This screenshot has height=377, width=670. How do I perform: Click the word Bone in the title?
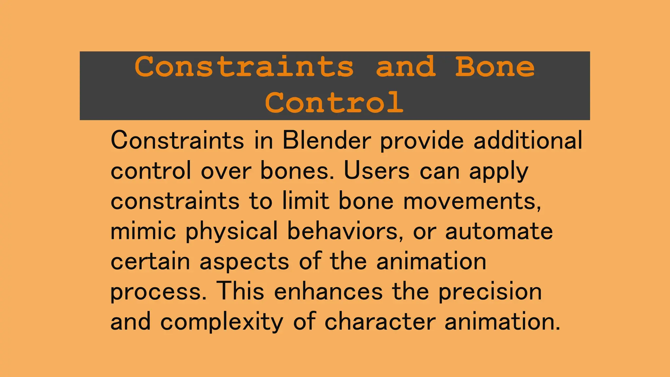click(x=495, y=67)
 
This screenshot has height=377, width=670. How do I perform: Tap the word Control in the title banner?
click(x=334, y=102)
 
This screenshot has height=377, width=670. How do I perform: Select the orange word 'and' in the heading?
click(x=406, y=67)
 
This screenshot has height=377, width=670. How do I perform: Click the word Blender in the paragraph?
click(x=326, y=140)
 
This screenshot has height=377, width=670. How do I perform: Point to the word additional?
click(x=528, y=140)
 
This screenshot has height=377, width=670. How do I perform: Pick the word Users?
click(x=377, y=171)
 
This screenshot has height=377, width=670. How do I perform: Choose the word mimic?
click(x=143, y=231)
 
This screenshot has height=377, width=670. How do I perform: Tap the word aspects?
click(x=244, y=262)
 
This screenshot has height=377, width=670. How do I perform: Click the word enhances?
click(x=328, y=292)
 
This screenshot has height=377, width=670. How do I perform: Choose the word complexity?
click(x=221, y=322)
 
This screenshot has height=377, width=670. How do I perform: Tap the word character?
click(x=380, y=322)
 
